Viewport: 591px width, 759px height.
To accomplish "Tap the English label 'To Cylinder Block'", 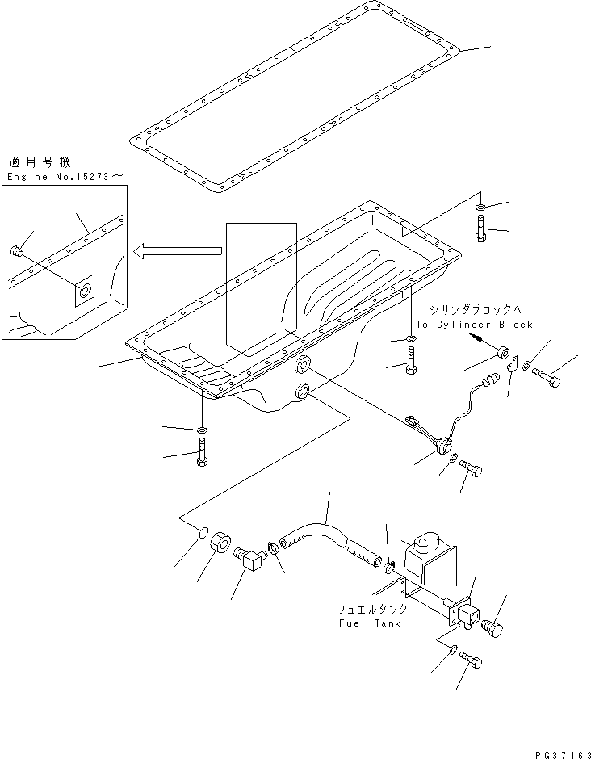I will pyautogui.click(x=474, y=325).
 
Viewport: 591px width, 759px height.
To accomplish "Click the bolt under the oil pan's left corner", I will pyautogui.click(x=202, y=453).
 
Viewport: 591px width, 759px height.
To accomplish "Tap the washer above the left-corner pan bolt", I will pyautogui.click(x=201, y=428).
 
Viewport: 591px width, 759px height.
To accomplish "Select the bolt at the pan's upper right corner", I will pyautogui.click(x=482, y=230).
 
